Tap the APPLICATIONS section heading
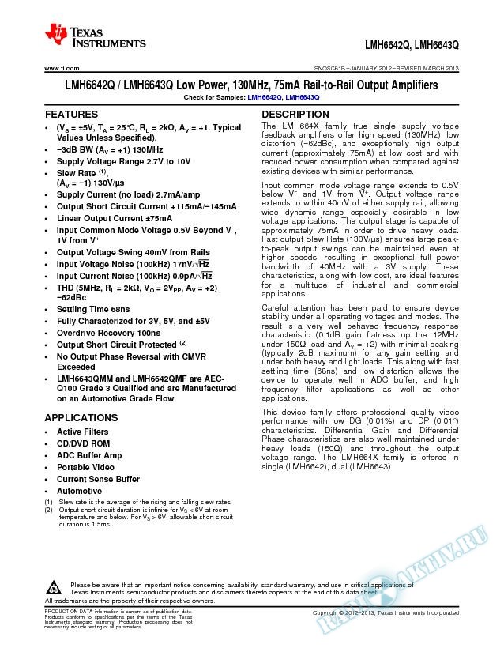[x=81, y=417]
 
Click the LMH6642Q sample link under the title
[x=264, y=96]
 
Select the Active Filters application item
[x=83, y=432]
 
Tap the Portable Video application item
[x=85, y=467]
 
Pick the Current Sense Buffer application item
[x=98, y=479]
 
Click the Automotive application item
[x=79, y=491]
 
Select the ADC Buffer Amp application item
[x=89, y=456]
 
